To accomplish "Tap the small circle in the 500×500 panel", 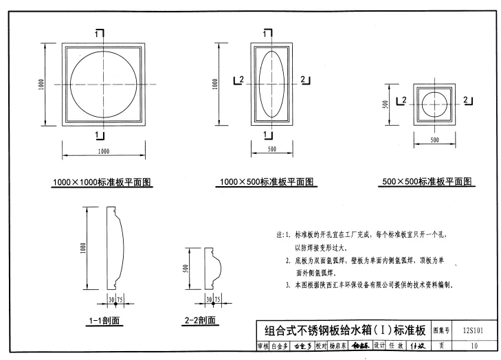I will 435,103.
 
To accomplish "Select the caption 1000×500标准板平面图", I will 267,182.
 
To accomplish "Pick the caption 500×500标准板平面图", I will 427,182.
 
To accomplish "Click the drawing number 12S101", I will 474,330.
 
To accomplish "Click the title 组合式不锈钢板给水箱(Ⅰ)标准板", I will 342,330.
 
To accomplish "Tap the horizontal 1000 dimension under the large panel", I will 103,150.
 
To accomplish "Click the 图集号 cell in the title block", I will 442,330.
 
